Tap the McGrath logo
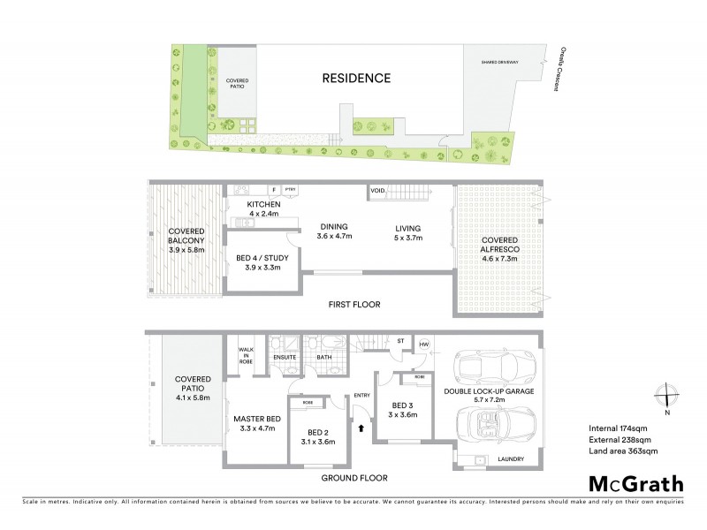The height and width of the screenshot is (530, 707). point(635,484)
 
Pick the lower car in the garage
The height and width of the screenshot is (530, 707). point(492,421)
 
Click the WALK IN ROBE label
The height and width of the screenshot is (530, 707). point(246,356)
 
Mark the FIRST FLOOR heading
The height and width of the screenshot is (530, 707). point(353,305)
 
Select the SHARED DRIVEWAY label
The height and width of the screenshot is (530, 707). point(499,63)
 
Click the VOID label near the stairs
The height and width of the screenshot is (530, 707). point(377,190)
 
